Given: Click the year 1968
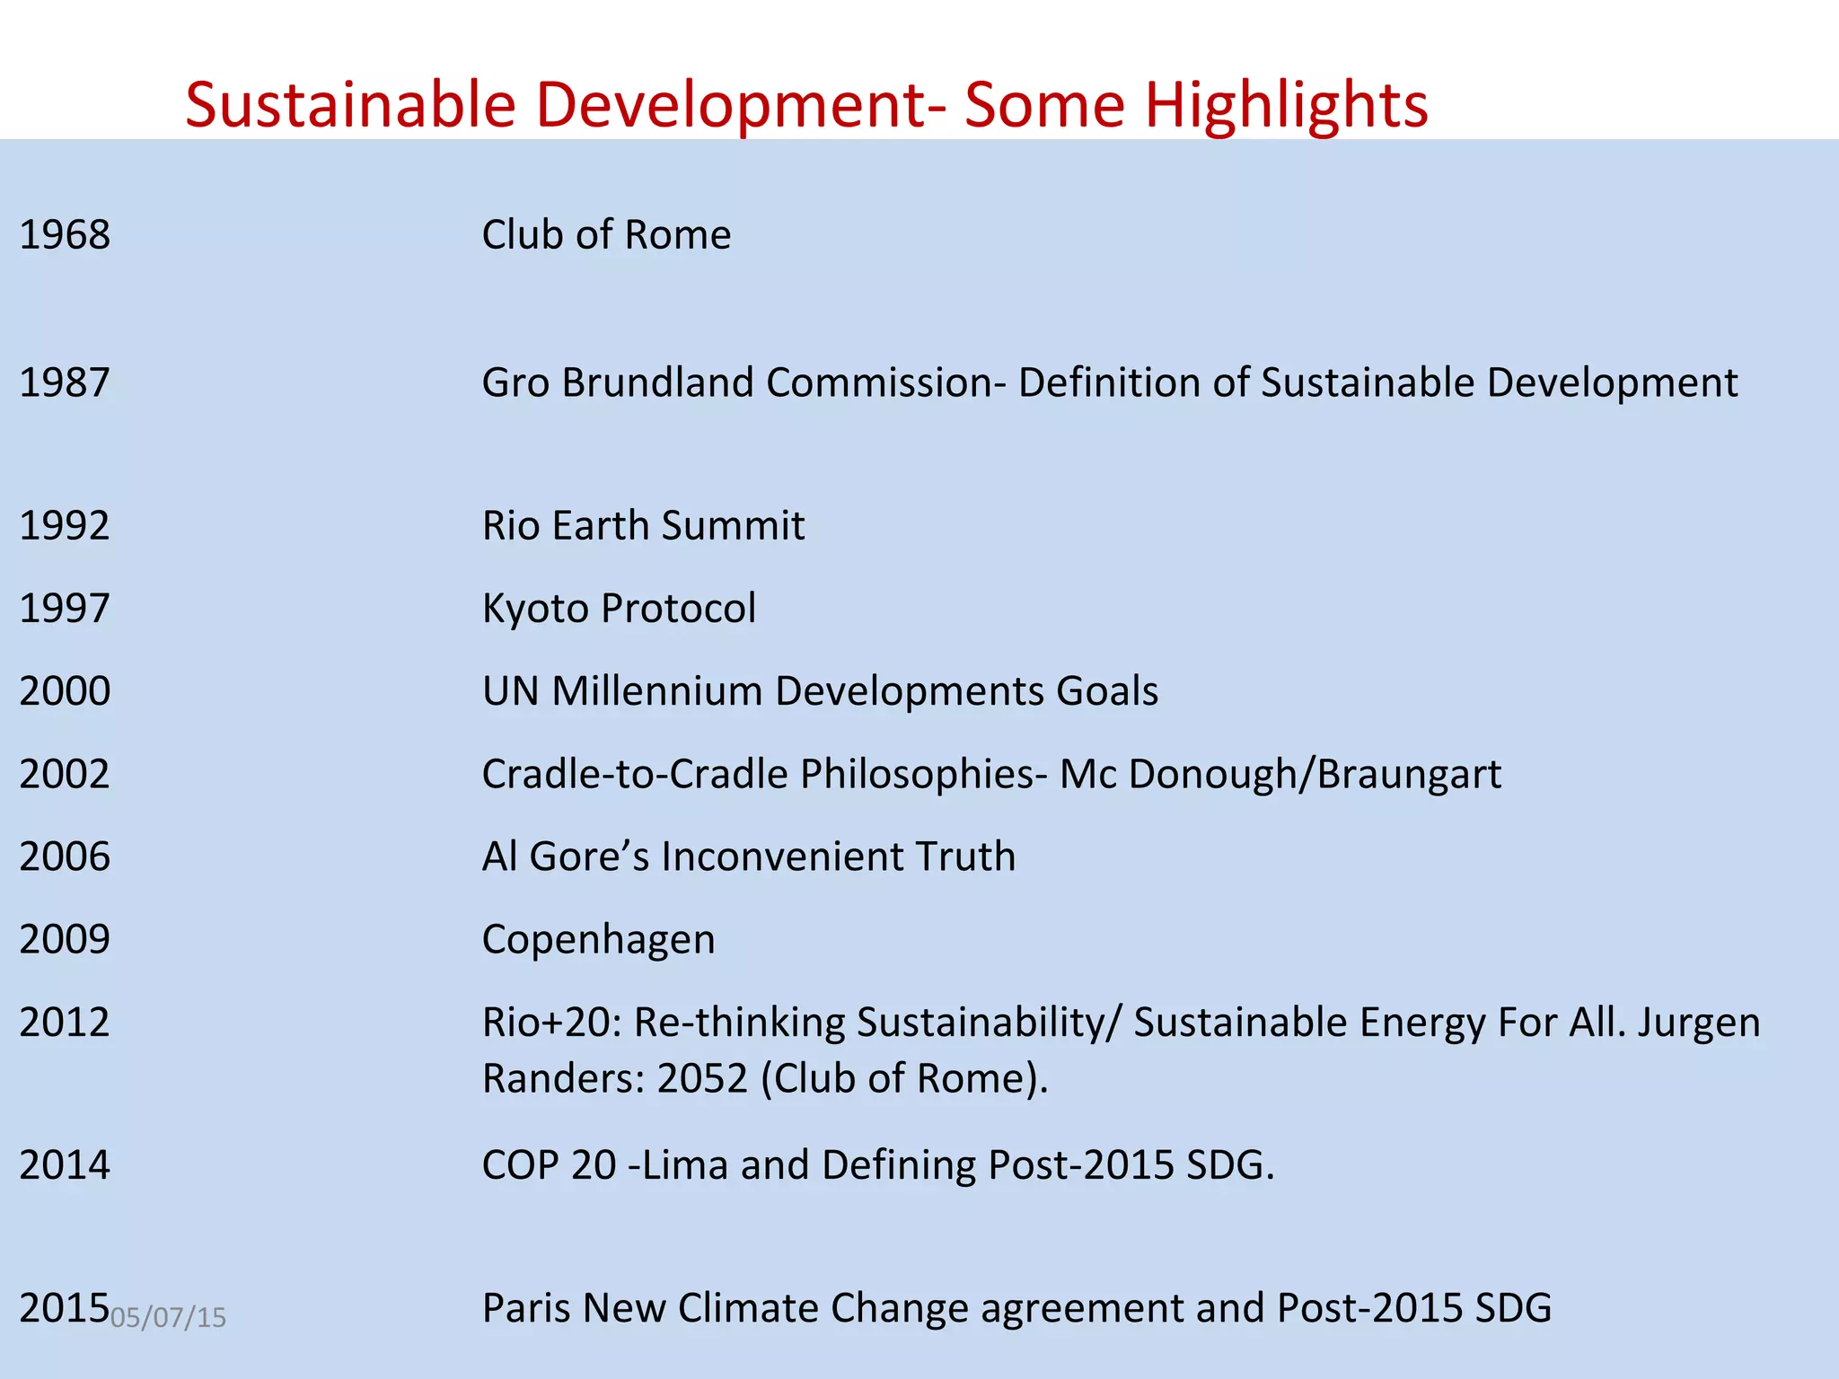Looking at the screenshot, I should pos(65,235).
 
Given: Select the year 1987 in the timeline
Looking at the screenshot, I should pos(65,382).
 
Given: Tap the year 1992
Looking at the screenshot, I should pos(65,526).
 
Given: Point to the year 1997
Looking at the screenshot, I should pos(65,609).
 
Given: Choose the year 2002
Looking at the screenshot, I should pos(65,774).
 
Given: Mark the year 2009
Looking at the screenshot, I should pos(65,939).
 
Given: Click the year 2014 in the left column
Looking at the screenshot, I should pos(65,1165).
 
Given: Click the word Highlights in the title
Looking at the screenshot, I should pos(1286,106).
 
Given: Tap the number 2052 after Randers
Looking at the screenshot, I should pos(702,1078).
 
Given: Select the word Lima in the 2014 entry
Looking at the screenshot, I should pos(684,1165).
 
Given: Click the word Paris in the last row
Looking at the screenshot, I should pos(526,1308).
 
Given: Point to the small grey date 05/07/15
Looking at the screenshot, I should pos(168,1318).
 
